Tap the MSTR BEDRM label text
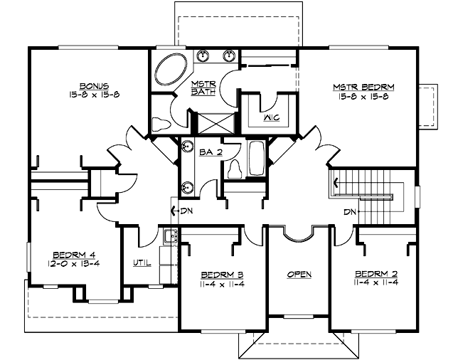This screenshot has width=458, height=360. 363,88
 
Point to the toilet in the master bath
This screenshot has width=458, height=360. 162,124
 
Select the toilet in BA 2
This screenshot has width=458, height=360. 235,168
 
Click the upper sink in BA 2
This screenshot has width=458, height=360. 187,147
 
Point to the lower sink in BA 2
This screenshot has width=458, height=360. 187,188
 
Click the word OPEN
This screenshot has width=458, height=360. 299,275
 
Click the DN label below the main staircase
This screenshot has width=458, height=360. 348,211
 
